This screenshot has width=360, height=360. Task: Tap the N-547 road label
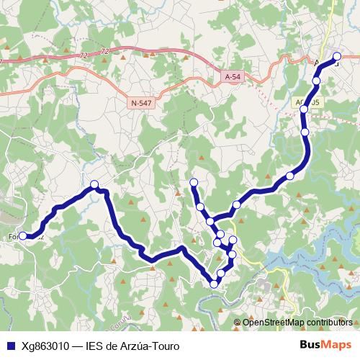click(x=141, y=104)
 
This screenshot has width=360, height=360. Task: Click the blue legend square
click(x=10, y=346)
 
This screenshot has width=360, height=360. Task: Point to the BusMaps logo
click(x=325, y=346)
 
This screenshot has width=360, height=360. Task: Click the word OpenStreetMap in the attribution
click(x=270, y=322)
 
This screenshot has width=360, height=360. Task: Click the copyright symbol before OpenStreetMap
click(x=238, y=322)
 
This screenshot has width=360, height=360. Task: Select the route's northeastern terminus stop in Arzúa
click(x=337, y=56)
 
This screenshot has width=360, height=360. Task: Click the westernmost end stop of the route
click(x=23, y=235)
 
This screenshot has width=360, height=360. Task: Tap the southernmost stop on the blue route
click(x=214, y=284)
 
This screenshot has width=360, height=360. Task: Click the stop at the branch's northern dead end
click(x=193, y=182)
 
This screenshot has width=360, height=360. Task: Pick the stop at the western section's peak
click(x=94, y=185)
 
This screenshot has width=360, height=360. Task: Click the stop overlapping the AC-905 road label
click(x=305, y=109)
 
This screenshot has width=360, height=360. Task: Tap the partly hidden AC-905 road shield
click(x=313, y=102)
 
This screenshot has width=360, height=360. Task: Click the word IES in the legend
click(x=94, y=346)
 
